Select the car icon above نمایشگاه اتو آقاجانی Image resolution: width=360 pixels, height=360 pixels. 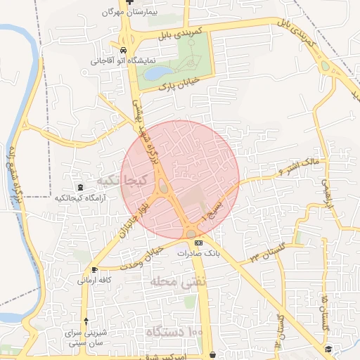click(124, 51)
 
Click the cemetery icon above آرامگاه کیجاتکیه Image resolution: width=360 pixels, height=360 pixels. click(80, 188)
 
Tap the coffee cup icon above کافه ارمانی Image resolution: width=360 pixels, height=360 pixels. click(94, 270)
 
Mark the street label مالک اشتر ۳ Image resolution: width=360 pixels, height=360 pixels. click(300, 167)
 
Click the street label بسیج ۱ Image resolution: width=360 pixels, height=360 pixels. click(212, 210)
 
